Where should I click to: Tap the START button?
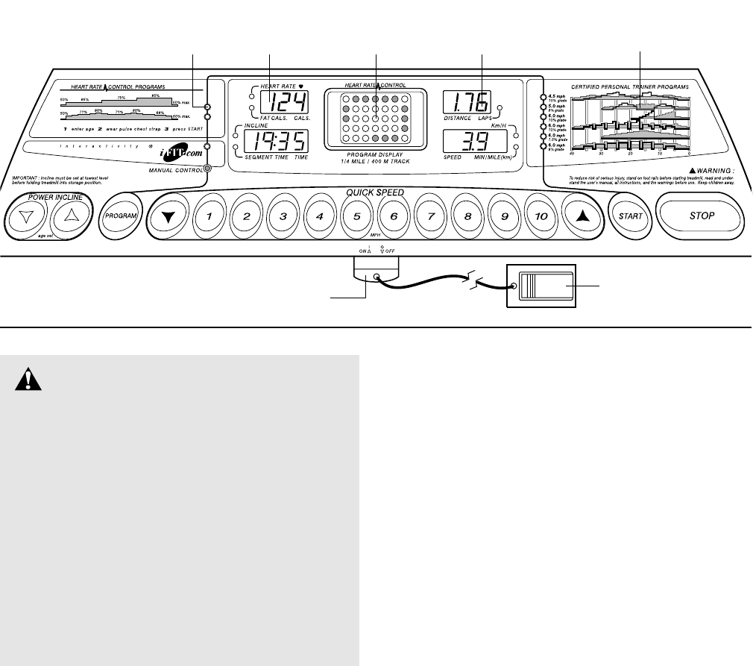click(x=627, y=216)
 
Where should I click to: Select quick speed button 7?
click(x=430, y=216)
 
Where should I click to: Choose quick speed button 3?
click(x=283, y=216)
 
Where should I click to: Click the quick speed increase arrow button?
click(x=578, y=216)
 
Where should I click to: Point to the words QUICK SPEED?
click(x=374, y=192)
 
